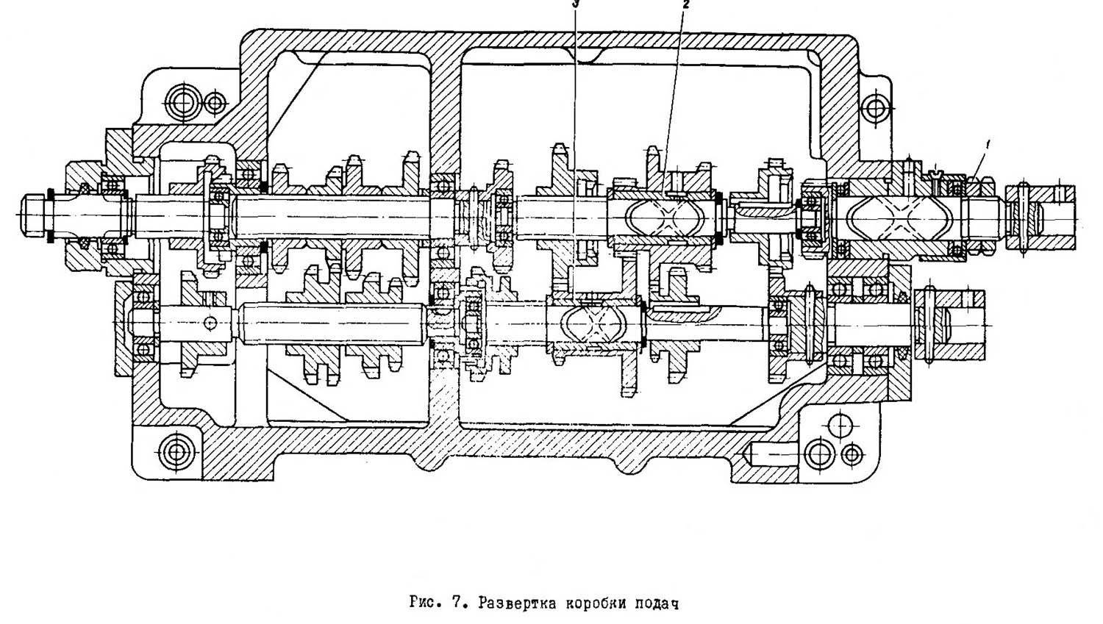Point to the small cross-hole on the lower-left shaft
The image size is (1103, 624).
point(210,322)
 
